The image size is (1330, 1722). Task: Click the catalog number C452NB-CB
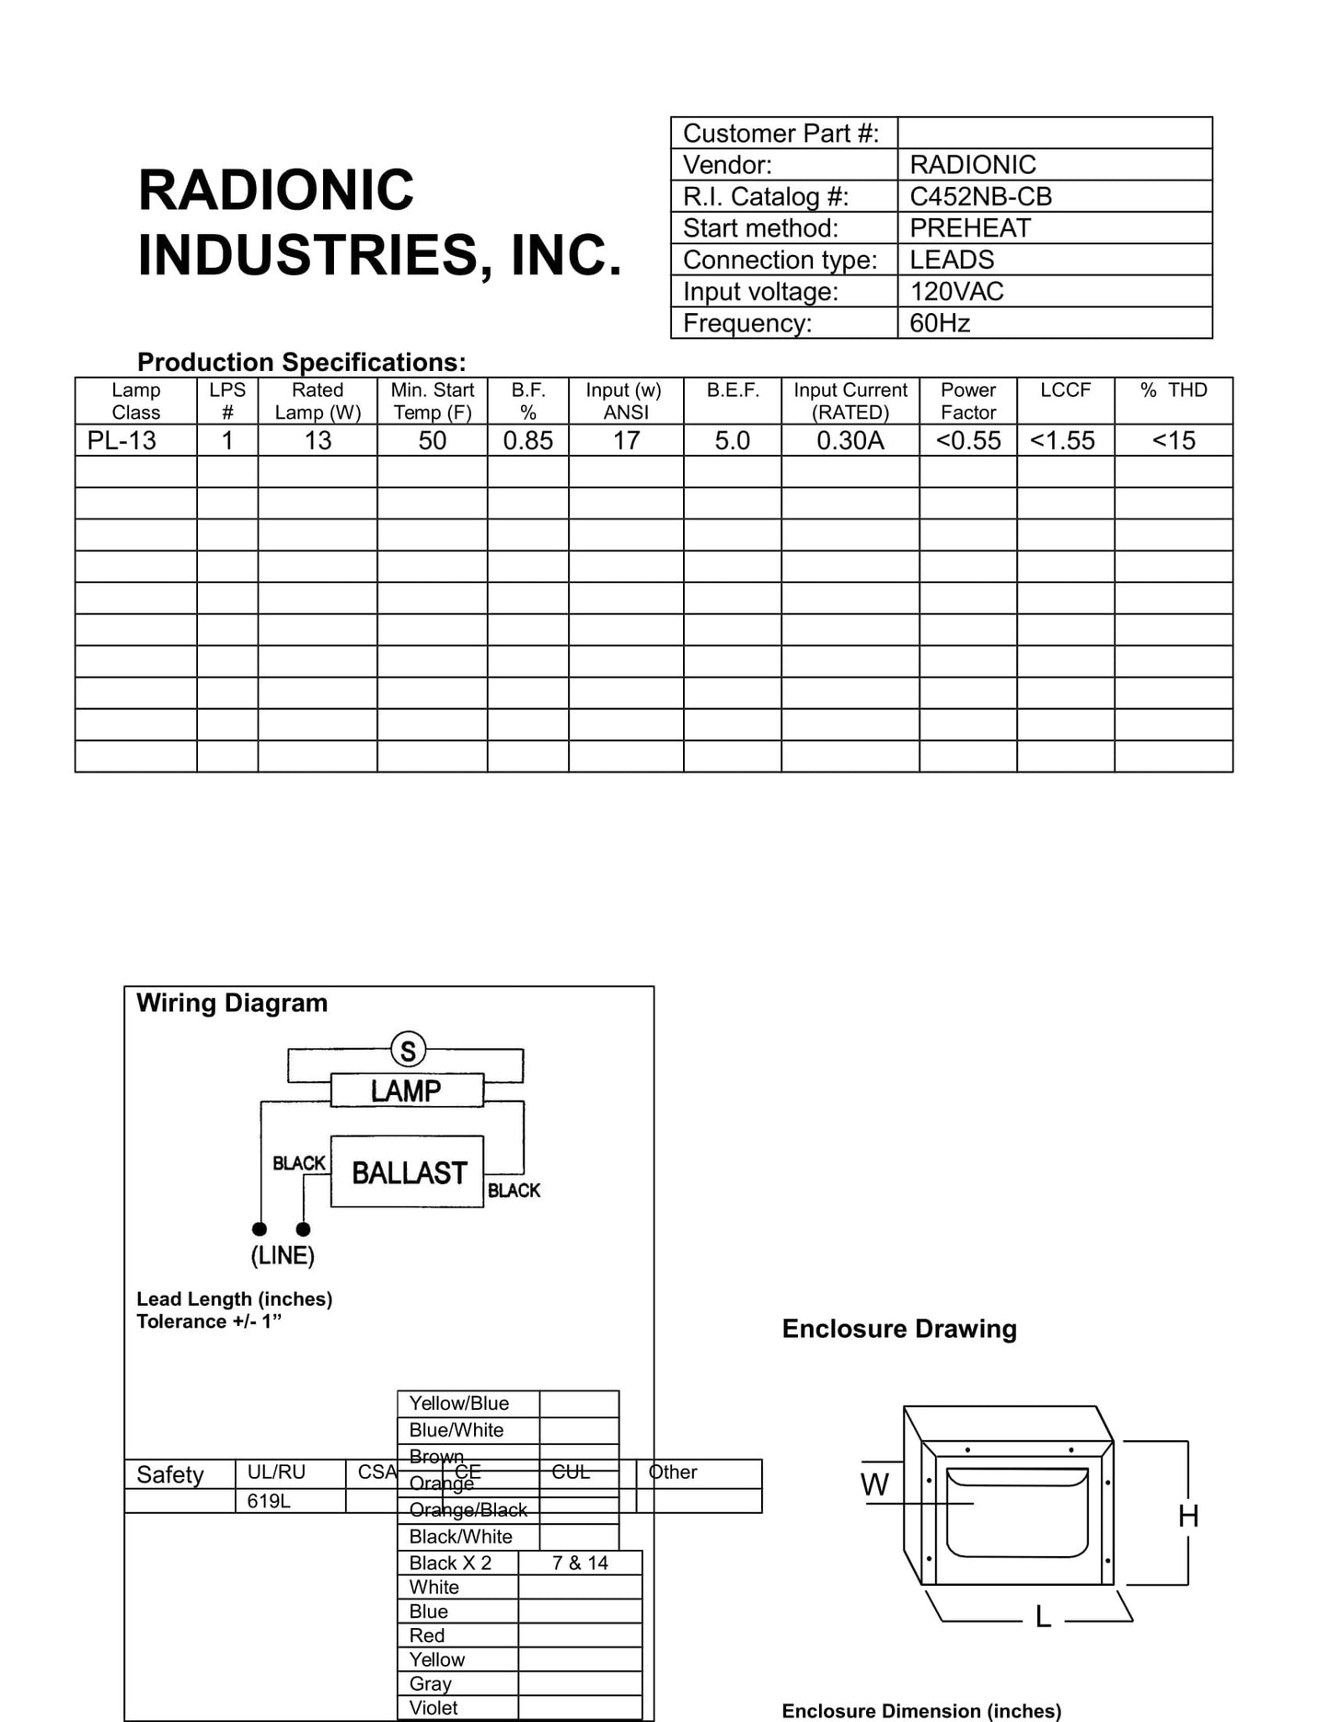980,196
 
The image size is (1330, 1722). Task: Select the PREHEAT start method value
970,227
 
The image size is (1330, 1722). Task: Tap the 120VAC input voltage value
956,291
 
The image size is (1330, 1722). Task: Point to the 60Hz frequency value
940,322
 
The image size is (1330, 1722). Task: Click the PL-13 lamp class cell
121,440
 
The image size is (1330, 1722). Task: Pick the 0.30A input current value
850,440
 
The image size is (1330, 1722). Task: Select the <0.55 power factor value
967,440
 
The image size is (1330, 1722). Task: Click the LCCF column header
1065,390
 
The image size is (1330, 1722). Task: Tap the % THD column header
1174,390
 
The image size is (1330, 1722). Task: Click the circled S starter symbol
408,1050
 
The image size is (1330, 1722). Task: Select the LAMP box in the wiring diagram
406,1090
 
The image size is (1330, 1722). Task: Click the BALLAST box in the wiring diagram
409,1172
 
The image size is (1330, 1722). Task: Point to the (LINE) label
283,1255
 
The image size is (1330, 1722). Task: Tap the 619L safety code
269,1501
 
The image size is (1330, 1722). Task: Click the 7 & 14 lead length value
580,1563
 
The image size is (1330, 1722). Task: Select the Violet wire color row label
434,1707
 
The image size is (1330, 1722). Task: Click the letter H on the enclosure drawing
1188,1516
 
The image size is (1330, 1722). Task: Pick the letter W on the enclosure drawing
874,1484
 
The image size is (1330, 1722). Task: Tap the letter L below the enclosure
1043,1616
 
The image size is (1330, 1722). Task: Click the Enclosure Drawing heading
899,1329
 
